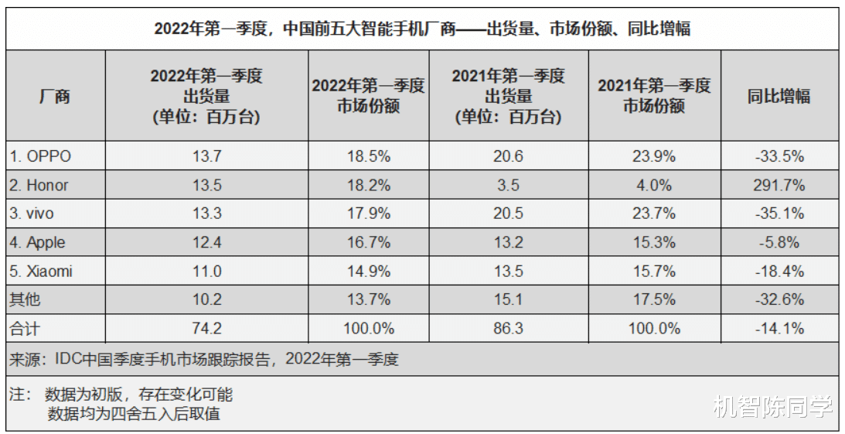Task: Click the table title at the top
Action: [422, 29]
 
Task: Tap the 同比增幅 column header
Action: [779, 97]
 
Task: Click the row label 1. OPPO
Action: [40, 156]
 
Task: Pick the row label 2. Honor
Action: [39, 186]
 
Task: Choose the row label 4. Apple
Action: [38, 243]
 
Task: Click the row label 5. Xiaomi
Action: [41, 272]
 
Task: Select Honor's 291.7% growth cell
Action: [779, 186]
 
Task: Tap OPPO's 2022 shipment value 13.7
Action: [206, 156]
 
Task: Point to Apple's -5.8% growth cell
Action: [779, 243]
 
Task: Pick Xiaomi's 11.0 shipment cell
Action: [206, 272]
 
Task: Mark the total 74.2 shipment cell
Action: [206, 329]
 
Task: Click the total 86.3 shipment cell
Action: [508, 329]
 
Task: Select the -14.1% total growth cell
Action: [779, 329]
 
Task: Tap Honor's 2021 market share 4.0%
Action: [654, 186]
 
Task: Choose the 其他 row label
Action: [24, 300]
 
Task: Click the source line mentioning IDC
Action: [204, 359]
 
